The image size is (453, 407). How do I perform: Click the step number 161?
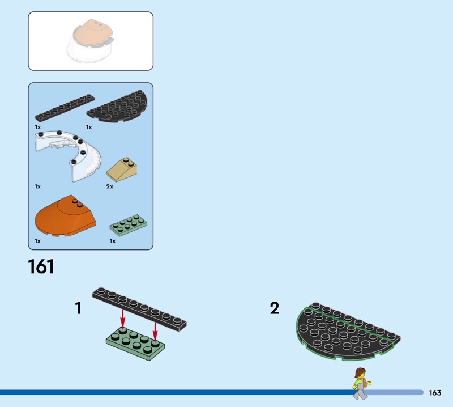(41, 266)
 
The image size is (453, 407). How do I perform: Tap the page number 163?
(435, 392)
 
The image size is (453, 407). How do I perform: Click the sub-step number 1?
(78, 308)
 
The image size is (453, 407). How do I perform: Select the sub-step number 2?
(275, 308)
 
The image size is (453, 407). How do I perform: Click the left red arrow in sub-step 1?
(123, 318)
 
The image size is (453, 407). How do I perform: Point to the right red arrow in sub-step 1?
(155, 332)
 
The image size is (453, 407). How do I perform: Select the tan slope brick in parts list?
(122, 169)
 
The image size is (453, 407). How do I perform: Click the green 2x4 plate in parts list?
(129, 226)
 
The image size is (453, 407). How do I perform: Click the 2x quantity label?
(110, 186)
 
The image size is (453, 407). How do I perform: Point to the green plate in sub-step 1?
(135, 344)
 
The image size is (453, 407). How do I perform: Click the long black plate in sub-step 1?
(139, 310)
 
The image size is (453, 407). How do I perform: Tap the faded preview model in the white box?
(90, 41)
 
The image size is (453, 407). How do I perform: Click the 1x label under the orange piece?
(37, 241)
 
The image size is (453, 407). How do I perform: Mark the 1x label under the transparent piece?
(37, 186)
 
